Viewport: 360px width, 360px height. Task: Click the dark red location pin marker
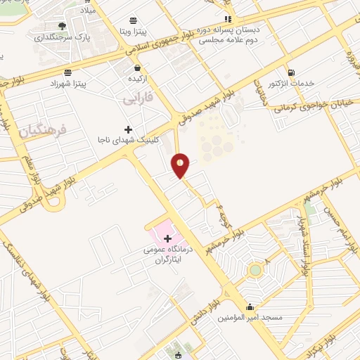pos(181,165)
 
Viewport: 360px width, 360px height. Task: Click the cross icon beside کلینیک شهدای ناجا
pos(127,129)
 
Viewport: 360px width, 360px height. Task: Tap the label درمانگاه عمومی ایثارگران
pos(167,255)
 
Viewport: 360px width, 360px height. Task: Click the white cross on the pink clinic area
pos(167,239)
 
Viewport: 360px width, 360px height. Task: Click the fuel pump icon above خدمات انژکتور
pos(290,72)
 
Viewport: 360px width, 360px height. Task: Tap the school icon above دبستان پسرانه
pos(226,19)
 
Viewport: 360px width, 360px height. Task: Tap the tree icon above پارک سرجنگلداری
pos(63,26)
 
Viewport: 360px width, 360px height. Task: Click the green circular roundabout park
pos(255,269)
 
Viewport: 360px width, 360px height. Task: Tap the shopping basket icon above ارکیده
pos(137,68)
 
